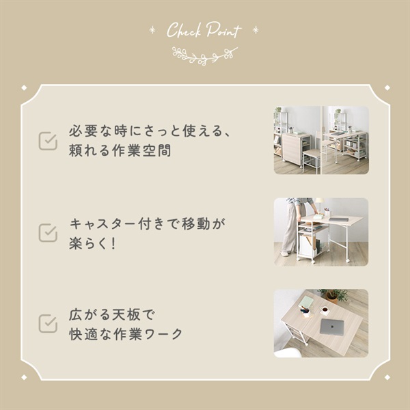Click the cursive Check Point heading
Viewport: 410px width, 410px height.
click(x=204, y=30)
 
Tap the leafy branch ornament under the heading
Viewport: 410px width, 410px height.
click(x=205, y=56)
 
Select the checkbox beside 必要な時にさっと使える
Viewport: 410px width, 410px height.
click(x=48, y=141)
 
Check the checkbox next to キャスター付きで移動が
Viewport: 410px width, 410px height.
click(x=48, y=232)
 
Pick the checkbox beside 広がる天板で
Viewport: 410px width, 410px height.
click(x=48, y=323)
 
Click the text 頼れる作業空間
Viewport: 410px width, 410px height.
click(x=120, y=150)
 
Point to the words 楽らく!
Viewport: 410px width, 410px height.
click(x=92, y=243)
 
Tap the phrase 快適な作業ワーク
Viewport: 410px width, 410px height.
click(x=126, y=334)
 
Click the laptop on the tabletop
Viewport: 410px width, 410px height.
click(x=332, y=327)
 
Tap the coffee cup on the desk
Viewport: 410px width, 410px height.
click(x=325, y=310)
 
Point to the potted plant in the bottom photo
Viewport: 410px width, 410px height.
click(x=333, y=295)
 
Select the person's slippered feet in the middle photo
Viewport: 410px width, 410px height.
click(x=285, y=253)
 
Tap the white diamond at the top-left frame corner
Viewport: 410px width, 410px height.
click(x=24, y=87)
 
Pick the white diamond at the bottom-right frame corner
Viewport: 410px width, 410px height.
click(x=387, y=377)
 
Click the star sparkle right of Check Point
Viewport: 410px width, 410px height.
click(x=256, y=30)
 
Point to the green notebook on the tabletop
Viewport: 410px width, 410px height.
click(x=306, y=301)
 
